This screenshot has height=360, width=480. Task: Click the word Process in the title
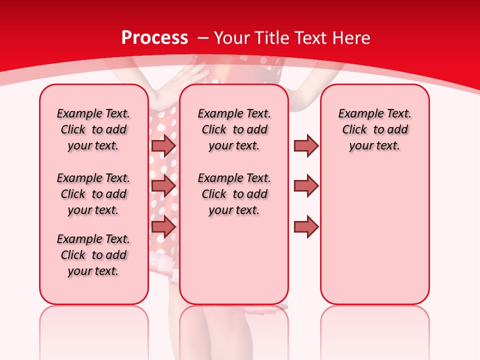[154, 37]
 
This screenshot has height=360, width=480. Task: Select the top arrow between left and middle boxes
[163, 145]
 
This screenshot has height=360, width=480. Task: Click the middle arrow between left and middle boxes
[163, 186]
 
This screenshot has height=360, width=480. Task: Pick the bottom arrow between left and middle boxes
[163, 226]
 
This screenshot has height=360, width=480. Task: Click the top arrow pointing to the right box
[306, 145]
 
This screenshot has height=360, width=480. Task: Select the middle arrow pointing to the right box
[306, 186]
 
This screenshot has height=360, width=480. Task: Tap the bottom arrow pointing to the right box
[306, 226]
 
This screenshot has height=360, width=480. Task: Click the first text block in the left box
[93, 129]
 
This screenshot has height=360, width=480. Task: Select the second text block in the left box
[93, 194]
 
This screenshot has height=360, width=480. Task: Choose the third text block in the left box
[93, 255]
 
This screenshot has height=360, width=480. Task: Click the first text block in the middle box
[234, 129]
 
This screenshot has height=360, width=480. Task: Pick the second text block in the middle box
[234, 194]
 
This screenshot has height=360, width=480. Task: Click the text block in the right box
[374, 129]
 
